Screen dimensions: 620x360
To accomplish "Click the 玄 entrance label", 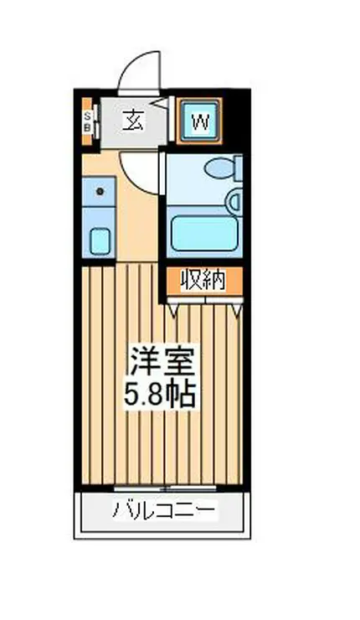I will pos(133,120).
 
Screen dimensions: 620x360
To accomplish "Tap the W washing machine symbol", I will pos(199,121).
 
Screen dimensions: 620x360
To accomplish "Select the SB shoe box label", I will pos(87,121).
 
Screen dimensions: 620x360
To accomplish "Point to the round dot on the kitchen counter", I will pos(100,192).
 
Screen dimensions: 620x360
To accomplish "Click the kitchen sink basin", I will pos(100,240).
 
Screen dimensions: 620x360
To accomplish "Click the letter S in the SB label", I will pos(87,116).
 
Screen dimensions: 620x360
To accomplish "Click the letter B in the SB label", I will pos(87,127).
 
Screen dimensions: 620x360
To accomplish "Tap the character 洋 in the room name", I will pos(145,361).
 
